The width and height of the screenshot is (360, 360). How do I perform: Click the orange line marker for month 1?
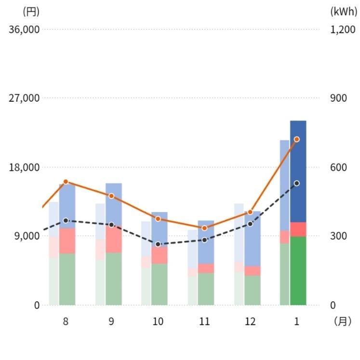coord(297,139)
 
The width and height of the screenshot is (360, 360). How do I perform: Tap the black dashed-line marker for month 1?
coord(297,184)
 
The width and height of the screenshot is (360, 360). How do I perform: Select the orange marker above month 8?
coord(66,182)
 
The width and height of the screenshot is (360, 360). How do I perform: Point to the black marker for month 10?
coord(158,244)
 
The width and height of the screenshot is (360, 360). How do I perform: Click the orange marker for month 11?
coord(204,228)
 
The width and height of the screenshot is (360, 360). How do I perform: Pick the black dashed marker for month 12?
coord(250,224)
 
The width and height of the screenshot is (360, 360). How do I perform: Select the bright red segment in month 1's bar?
coord(298,229)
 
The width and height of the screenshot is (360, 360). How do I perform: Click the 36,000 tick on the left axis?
coord(24,29)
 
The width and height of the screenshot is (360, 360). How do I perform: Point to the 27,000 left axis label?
coord(24,98)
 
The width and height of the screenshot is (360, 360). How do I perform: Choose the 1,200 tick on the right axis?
coord(343,29)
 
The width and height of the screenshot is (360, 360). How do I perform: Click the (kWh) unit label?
coord(344,11)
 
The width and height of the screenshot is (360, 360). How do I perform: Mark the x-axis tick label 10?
coord(158,322)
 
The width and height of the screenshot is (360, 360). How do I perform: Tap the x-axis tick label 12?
coord(250,322)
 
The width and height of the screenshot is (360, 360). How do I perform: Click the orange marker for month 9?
coord(111,196)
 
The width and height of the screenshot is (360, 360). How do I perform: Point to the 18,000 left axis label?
coord(24,167)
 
